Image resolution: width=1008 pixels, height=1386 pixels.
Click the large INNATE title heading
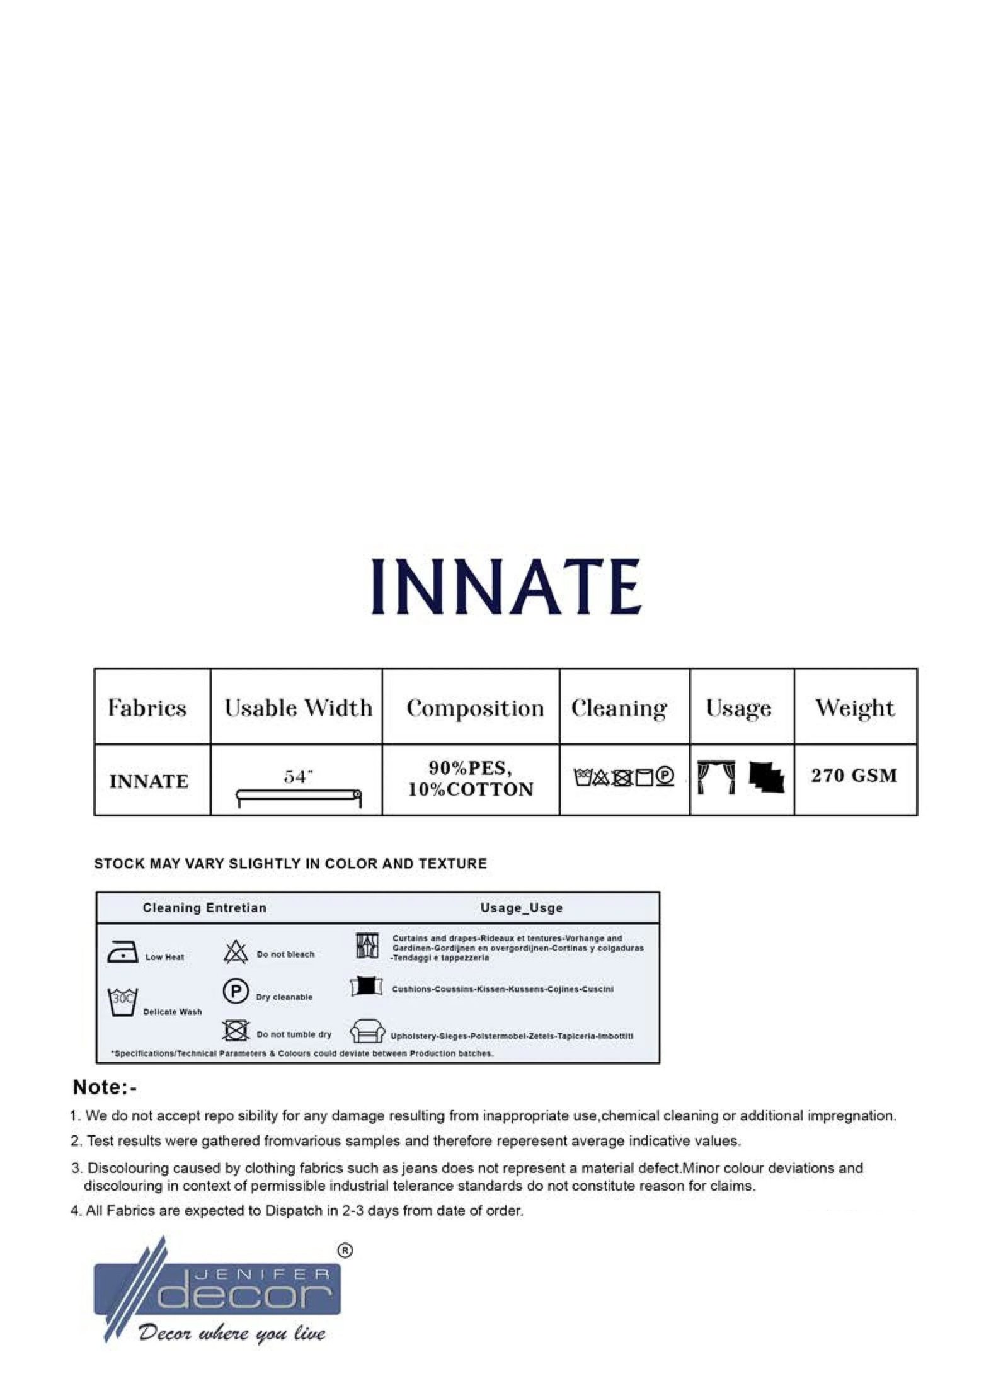pos(506,587)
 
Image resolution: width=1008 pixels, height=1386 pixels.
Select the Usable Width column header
pos(298,707)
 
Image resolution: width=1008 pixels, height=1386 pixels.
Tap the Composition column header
pos(474,707)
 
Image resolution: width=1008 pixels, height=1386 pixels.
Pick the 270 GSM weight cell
pos(854,775)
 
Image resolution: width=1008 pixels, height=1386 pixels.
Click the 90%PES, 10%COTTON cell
pos(470,779)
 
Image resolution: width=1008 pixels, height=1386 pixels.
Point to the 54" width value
pos(298,777)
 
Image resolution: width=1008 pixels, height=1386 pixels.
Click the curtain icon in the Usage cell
pos(716,777)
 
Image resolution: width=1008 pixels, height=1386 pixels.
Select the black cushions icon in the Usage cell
pos(766,777)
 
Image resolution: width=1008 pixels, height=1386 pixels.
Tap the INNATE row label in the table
pos(149,781)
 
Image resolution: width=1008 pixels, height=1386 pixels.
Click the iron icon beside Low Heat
pos(123,952)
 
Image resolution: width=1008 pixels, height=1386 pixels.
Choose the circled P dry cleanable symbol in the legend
pos(236,992)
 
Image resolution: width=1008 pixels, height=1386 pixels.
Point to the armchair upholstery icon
pos(367,1032)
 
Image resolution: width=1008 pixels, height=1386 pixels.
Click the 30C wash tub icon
pos(123,1001)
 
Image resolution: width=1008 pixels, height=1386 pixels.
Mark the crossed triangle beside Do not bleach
pos(236,952)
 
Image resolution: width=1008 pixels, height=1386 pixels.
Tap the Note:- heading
pos(105,1087)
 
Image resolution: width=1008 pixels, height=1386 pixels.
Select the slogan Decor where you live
pos(232,1332)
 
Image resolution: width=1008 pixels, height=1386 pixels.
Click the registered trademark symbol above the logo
pos(345,1251)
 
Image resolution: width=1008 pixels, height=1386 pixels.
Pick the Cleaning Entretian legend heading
pos(204,908)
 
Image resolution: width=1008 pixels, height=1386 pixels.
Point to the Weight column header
pos(854,707)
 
